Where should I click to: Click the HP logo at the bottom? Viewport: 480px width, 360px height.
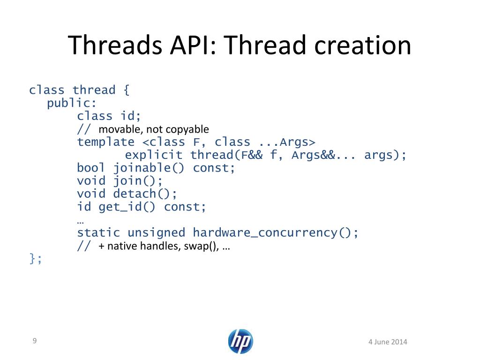(x=240, y=341)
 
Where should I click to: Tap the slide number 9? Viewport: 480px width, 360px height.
(x=34, y=341)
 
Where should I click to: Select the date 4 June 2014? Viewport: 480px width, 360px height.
(x=388, y=342)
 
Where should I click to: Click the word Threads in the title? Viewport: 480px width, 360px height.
(x=111, y=45)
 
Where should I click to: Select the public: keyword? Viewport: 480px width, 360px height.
(x=72, y=103)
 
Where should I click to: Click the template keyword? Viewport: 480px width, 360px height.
(x=105, y=142)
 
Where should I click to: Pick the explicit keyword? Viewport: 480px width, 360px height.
(x=154, y=155)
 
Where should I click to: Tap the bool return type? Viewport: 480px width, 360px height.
(x=91, y=168)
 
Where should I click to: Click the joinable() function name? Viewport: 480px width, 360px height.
(x=150, y=168)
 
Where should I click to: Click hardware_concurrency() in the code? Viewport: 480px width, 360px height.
(x=276, y=232)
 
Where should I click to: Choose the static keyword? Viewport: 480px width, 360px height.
(x=99, y=232)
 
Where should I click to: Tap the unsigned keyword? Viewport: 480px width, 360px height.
(x=157, y=232)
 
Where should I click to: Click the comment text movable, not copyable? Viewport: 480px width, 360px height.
(x=154, y=129)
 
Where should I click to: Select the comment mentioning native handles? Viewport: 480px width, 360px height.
(x=164, y=246)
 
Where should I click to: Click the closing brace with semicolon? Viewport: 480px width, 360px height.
(x=36, y=258)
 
